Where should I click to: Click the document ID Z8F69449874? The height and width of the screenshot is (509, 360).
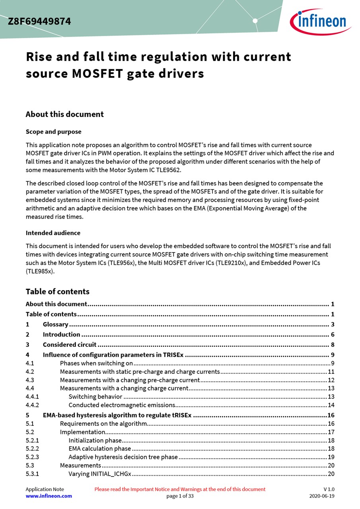(39, 21)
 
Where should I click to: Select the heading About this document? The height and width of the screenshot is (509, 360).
(64, 115)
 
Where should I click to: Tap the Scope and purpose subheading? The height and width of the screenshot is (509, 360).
(53, 132)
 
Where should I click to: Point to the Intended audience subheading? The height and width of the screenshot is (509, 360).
(53, 233)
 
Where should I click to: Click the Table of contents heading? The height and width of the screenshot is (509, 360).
(57, 291)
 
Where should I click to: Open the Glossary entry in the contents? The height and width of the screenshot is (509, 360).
(55, 324)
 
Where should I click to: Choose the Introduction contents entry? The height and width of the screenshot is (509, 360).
(61, 334)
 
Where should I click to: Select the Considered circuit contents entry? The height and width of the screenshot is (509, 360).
(70, 345)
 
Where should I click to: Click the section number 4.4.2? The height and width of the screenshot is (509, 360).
(32, 405)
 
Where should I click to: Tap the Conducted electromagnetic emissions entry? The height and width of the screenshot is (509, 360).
(122, 405)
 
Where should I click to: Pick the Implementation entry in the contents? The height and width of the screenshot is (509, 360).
(82, 432)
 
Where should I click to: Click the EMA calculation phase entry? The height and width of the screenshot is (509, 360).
(99, 449)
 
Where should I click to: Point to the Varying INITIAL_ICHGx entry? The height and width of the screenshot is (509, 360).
(100, 474)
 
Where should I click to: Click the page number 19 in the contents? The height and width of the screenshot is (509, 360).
(331, 457)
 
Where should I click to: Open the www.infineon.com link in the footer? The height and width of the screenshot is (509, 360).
(49, 496)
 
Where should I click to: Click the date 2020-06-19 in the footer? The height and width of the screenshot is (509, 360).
(322, 496)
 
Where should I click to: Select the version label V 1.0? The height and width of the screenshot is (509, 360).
(329, 489)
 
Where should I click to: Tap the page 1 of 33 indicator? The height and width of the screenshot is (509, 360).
(180, 496)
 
